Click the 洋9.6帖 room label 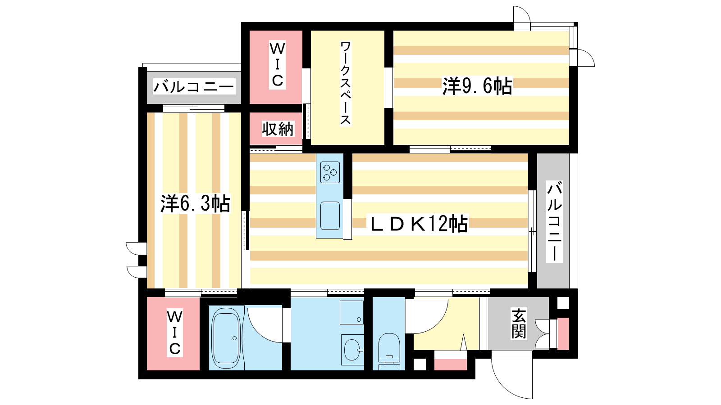pyautogui.click(x=477, y=86)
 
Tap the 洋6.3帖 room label pyautogui.click(x=196, y=203)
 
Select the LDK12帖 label pyautogui.click(x=419, y=224)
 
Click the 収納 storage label pyautogui.click(x=278, y=129)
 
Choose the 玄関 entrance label pyautogui.click(x=519, y=324)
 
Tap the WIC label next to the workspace pyautogui.click(x=277, y=65)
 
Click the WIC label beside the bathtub pyautogui.click(x=174, y=333)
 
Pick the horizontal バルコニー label pyautogui.click(x=194, y=87)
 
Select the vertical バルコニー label pyautogui.click(x=554, y=221)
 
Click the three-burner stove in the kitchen pyautogui.click(x=330, y=172)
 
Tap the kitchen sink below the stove pyautogui.click(x=330, y=216)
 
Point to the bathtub pyautogui.click(x=226, y=338)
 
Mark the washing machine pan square pyautogui.click(x=352, y=312)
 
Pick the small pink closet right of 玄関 pyautogui.click(x=563, y=333)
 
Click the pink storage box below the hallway pyautogui.click(x=450, y=364)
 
